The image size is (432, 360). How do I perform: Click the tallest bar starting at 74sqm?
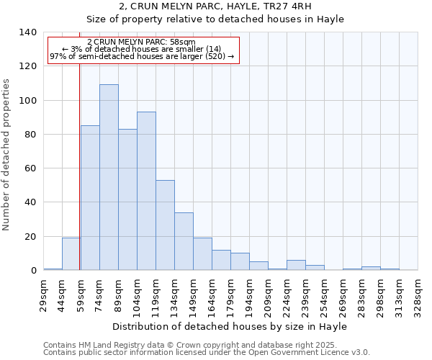coord(109,177)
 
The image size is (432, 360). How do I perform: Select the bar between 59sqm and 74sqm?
coord(90,198)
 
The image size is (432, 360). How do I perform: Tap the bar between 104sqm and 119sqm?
coord(146,191)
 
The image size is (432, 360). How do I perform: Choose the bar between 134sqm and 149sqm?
coord(184,241)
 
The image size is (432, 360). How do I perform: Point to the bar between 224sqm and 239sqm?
coord(296,265)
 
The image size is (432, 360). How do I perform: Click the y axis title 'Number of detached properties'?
coord(7,154)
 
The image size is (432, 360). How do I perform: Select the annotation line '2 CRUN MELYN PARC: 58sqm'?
coord(140,42)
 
